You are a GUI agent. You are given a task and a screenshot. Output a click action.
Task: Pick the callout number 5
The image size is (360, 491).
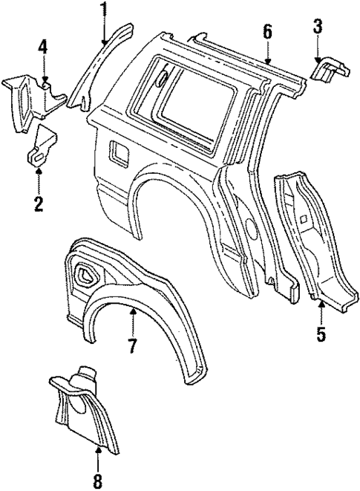pos(321,334)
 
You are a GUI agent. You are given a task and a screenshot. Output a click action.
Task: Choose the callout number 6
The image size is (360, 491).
pos(267,31)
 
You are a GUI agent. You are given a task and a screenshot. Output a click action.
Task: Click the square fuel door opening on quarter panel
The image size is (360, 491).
pos(116,152)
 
